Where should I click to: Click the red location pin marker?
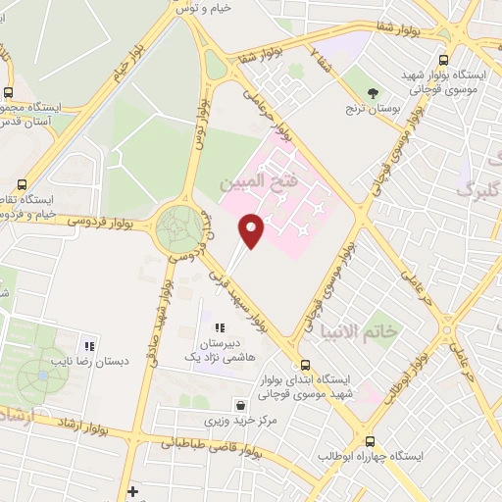[252, 229]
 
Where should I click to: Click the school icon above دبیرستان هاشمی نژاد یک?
[220, 327]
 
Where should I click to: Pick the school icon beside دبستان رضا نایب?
[90, 345]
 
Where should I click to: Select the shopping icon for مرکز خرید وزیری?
[240, 404]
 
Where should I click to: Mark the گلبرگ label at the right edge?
[480, 187]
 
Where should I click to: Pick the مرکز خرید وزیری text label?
[232, 420]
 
